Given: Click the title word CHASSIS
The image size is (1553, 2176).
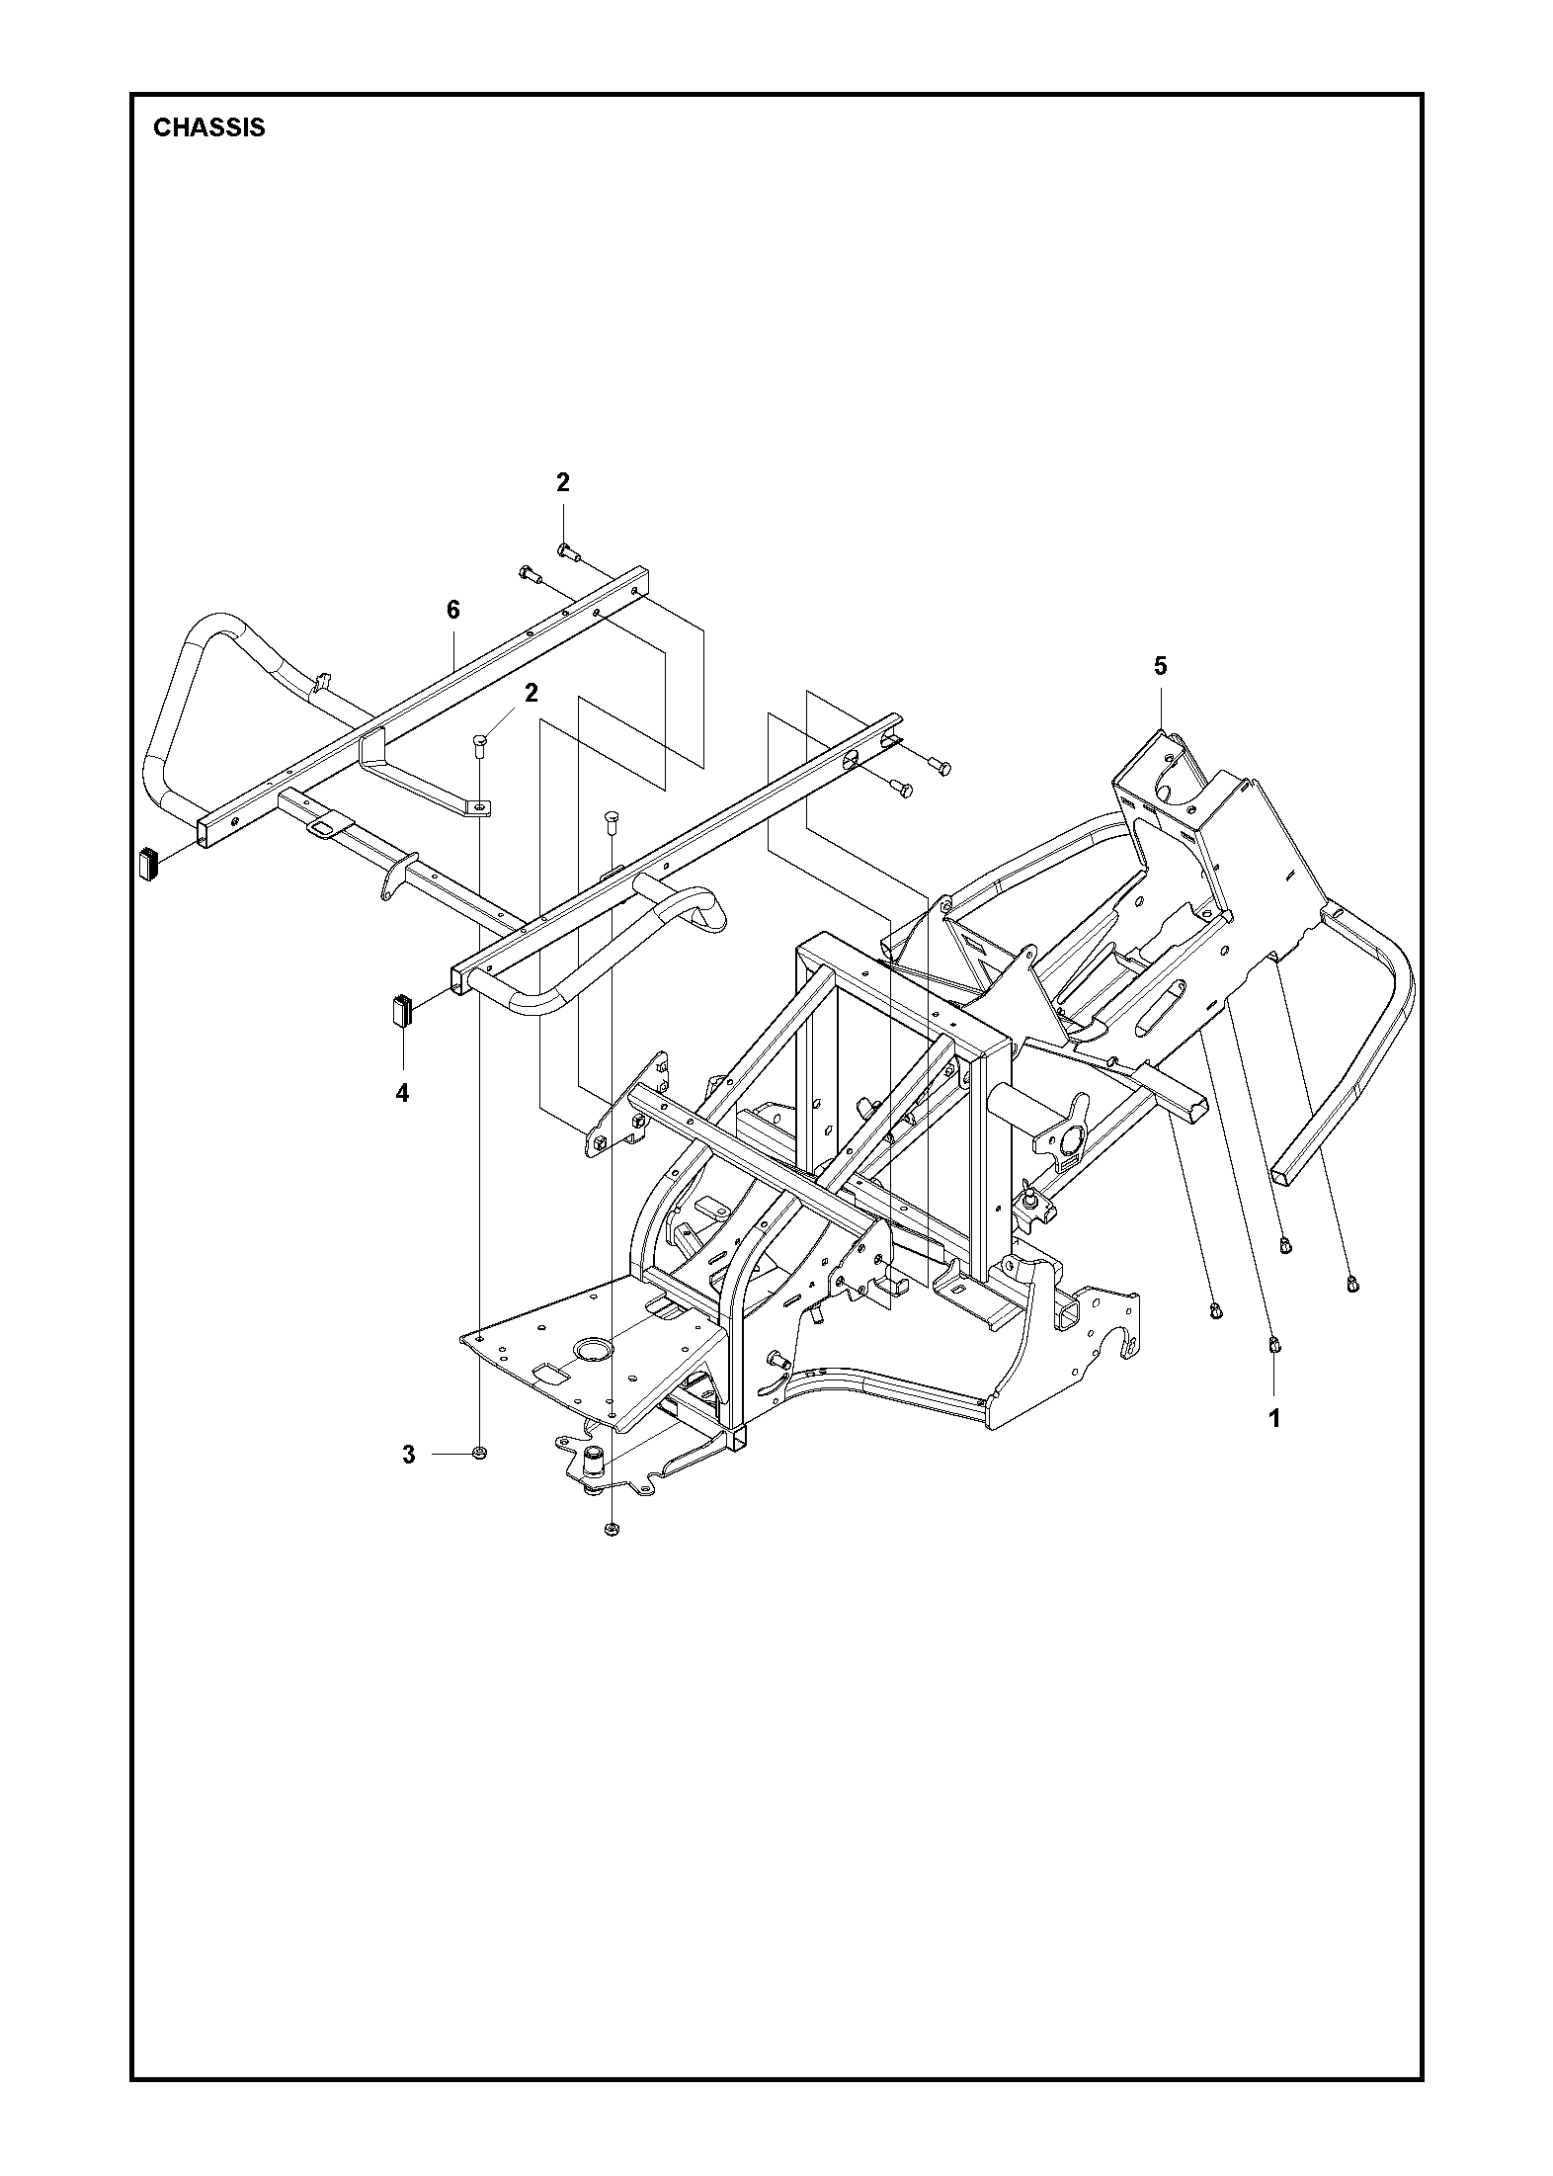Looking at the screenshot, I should point(209,128).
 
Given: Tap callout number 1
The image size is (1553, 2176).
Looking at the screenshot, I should point(1273,1418).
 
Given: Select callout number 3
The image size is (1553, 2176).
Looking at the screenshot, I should point(409,1455).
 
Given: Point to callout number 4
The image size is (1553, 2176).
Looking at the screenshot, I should point(402,1093).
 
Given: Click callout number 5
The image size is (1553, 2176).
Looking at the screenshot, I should point(1160,666).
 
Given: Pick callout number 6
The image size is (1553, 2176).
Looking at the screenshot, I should point(452,610).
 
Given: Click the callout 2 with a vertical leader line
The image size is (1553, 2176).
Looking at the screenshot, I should point(563,482).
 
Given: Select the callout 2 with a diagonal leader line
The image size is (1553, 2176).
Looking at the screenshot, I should point(531,693).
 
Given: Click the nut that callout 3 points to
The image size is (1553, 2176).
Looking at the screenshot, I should point(479,1453).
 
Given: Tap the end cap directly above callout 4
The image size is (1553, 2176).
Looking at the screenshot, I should point(401,1012).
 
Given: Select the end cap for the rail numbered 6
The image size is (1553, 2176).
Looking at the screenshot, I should point(150,860).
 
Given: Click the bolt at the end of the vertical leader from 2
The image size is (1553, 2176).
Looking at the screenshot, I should point(564,549).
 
